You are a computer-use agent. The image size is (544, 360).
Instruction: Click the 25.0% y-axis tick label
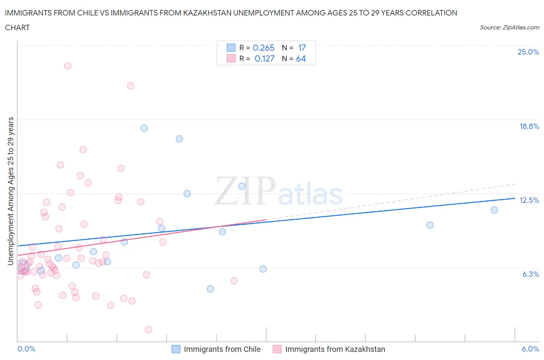(528, 52)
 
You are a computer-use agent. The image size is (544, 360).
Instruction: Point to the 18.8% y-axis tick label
(529, 126)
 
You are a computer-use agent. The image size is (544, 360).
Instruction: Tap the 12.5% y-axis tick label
(529, 200)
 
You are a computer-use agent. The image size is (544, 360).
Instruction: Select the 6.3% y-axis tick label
(530, 274)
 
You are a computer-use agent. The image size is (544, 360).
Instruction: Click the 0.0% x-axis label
(26, 349)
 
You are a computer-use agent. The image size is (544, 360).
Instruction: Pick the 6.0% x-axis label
(530, 349)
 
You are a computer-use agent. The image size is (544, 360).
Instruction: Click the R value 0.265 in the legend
(263, 48)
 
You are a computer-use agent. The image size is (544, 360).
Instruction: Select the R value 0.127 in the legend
(264, 58)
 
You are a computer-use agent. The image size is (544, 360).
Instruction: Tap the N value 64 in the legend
(301, 58)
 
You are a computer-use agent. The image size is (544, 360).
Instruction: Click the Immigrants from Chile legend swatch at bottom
(176, 349)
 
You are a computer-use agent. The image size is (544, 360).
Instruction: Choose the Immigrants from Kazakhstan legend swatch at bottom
(277, 349)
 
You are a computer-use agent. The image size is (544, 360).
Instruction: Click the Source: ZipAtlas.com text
(509, 27)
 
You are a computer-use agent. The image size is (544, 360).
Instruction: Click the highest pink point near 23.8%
(68, 66)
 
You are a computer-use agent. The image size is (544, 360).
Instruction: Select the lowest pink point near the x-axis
(148, 329)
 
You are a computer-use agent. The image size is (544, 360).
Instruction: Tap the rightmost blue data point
(494, 210)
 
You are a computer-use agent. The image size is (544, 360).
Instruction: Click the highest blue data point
(144, 128)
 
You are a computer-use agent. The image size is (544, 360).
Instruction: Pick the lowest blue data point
(210, 289)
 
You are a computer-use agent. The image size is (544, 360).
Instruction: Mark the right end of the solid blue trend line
(515, 198)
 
